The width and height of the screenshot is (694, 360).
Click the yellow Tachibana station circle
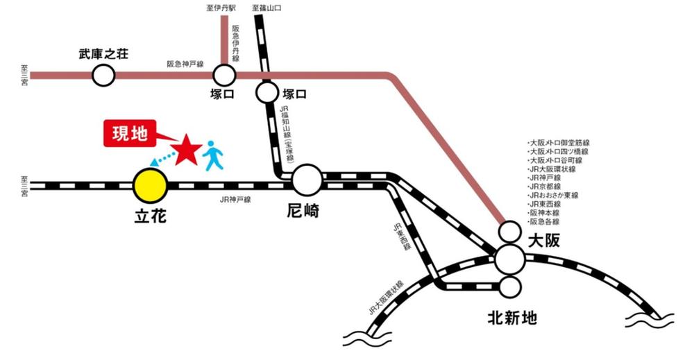click(x=150, y=186)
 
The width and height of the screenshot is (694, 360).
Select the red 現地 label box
click(x=130, y=134)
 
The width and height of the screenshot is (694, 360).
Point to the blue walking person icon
click(x=213, y=155)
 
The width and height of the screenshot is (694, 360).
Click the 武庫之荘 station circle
click(x=103, y=75)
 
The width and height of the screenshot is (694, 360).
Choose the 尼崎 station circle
click(x=307, y=182)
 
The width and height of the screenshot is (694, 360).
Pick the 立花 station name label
click(x=151, y=216)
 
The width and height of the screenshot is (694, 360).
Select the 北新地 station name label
click(x=512, y=319)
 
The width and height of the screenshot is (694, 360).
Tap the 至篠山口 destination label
click(x=268, y=9)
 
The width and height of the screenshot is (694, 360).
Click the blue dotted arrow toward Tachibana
click(x=163, y=161)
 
